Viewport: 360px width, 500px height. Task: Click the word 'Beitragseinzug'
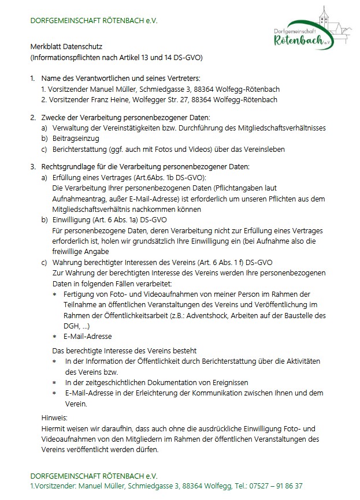(76, 139)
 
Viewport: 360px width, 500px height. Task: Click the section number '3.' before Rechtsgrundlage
(33, 167)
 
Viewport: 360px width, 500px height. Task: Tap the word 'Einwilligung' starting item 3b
(71, 219)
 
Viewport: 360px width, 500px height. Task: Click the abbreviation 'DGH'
(72, 326)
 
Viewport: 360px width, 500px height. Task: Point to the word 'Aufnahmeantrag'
(79, 198)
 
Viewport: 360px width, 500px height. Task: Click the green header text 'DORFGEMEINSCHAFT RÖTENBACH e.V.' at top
(94, 21)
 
